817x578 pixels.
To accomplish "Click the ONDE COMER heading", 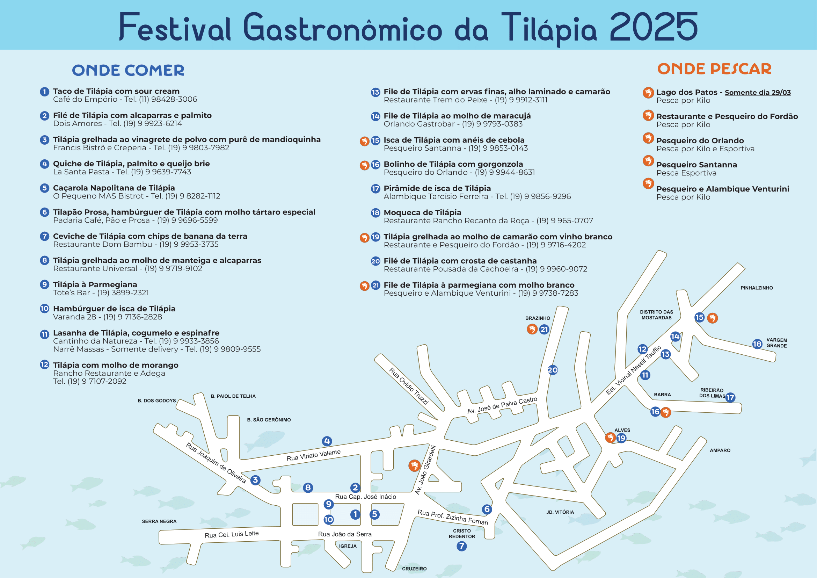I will pyautogui.click(x=128, y=70).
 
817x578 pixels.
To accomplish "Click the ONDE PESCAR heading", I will pyautogui.click(x=714, y=69).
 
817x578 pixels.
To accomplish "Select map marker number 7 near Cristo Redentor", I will pyautogui.click(x=461, y=546).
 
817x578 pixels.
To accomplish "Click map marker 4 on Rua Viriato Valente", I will pyautogui.click(x=327, y=441).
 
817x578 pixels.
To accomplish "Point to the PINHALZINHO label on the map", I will pyautogui.click(x=757, y=288).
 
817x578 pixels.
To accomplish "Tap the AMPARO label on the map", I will pyautogui.click(x=720, y=450).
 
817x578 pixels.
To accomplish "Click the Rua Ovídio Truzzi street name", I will pyautogui.click(x=409, y=386).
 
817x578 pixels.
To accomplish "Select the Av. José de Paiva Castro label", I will pyautogui.click(x=502, y=405).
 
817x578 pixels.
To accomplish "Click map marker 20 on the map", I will pyautogui.click(x=552, y=370).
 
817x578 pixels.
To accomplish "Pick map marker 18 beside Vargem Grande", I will pyautogui.click(x=757, y=344).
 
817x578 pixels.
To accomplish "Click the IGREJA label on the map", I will pyautogui.click(x=348, y=546).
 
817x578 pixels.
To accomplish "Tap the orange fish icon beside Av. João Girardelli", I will pyautogui.click(x=414, y=465).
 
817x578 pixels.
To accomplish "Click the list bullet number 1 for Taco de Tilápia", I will pyautogui.click(x=44, y=92).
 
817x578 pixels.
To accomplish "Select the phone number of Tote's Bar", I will pyautogui.click(x=123, y=293).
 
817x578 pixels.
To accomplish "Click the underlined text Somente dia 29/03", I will pyautogui.click(x=758, y=93).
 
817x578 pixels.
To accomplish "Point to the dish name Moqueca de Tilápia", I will pyautogui.click(x=422, y=212).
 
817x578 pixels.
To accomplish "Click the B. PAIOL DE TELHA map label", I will pyautogui.click(x=233, y=396).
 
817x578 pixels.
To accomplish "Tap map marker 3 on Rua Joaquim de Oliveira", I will pyautogui.click(x=255, y=480).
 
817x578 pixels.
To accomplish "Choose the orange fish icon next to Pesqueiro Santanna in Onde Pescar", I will pyautogui.click(x=648, y=161).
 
